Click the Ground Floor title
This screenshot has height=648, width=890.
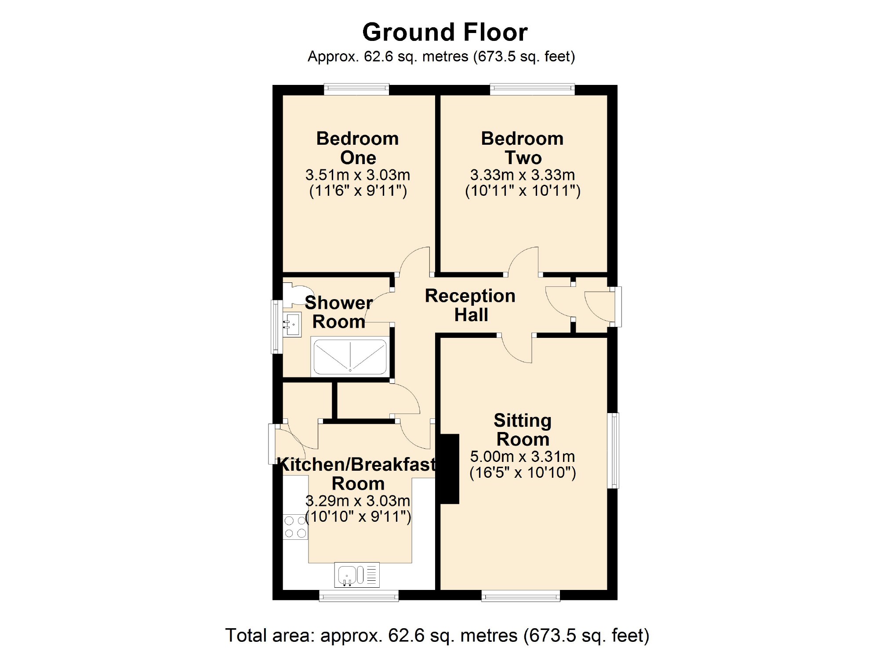pyautogui.click(x=445, y=33)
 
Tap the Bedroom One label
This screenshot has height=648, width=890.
pyautogui.click(x=358, y=148)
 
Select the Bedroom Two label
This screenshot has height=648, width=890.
pyautogui.click(x=523, y=148)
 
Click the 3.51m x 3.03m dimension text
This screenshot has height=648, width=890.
pyautogui.click(x=358, y=175)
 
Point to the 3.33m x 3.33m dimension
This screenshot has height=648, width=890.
pyautogui.click(x=523, y=175)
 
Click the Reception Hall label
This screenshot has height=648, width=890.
pyautogui.click(x=470, y=305)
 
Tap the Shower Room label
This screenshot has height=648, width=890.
pyautogui.click(x=339, y=312)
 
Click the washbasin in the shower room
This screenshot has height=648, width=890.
pyautogui.click(x=292, y=325)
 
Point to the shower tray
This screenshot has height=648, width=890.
pyautogui.click(x=350, y=356)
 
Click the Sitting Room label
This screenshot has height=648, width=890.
pyautogui.click(x=523, y=430)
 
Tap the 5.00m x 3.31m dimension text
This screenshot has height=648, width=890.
pyautogui.click(x=523, y=457)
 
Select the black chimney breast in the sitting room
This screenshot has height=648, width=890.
pyautogui.click(x=450, y=469)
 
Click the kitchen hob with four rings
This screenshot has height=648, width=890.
pyautogui.click(x=295, y=527)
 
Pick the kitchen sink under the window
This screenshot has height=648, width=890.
pyautogui.click(x=357, y=575)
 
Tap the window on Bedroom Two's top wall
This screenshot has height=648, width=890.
pyautogui.click(x=532, y=89)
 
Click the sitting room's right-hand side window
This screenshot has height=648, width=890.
pyautogui.click(x=613, y=450)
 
